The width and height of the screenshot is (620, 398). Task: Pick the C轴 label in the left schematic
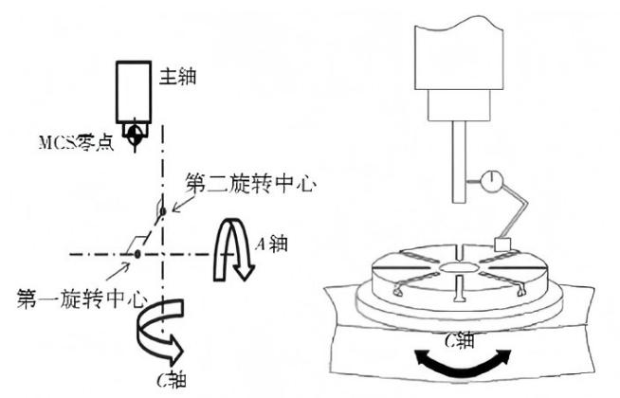click(173, 382)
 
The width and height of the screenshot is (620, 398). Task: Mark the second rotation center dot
click(162, 209)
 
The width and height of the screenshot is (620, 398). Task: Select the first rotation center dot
click(138, 254)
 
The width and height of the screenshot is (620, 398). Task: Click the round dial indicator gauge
click(493, 181)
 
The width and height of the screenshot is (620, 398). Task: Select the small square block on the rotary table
click(503, 245)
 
